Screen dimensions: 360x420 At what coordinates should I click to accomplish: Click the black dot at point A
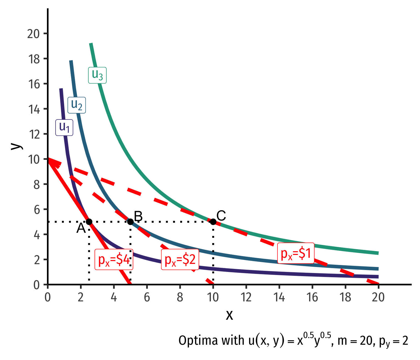89,222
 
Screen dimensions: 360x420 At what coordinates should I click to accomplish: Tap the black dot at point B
130,222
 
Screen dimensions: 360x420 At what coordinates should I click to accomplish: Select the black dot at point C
213,222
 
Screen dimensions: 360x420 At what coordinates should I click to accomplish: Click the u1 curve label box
64,128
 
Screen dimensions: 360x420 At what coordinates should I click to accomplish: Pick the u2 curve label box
77,105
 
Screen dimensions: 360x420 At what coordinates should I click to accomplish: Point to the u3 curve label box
97,75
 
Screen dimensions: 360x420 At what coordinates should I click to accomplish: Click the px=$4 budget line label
114,259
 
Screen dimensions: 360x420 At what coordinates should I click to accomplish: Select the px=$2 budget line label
180,259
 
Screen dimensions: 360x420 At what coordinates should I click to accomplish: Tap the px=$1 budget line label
296,253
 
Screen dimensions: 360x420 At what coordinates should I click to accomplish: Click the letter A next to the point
81,229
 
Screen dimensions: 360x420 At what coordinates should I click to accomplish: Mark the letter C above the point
221,216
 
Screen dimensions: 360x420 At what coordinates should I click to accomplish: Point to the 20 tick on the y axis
34,34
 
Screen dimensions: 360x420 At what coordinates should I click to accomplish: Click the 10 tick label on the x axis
213,297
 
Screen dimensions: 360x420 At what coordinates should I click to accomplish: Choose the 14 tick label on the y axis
34,109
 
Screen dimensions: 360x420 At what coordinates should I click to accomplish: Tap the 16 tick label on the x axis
312,297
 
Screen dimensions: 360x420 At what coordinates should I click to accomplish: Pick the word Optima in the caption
194,341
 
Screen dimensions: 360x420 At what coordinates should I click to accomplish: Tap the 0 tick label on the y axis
36,285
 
